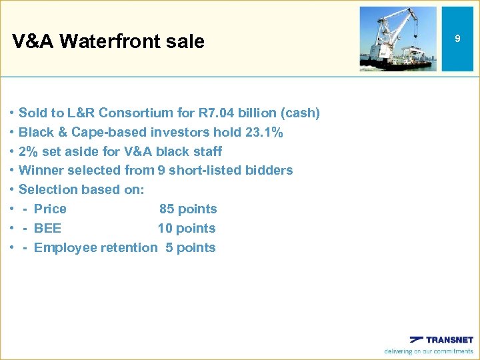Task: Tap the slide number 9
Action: click(457, 39)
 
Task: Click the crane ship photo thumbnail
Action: click(398, 39)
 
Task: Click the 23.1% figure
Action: click(264, 133)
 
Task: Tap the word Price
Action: click(50, 209)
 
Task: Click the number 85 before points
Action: click(167, 209)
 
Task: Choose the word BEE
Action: click(47, 228)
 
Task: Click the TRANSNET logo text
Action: click(449, 339)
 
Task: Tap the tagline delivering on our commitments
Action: click(428, 351)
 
